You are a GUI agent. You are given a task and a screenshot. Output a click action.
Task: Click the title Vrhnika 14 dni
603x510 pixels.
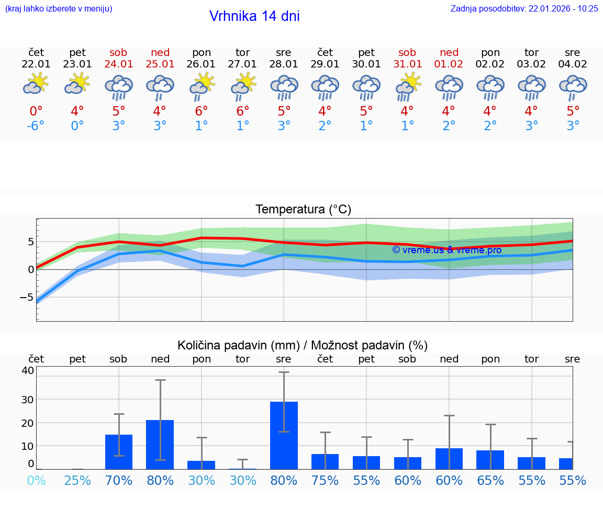[254, 16]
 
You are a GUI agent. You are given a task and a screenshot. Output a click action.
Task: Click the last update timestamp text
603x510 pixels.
[524, 8]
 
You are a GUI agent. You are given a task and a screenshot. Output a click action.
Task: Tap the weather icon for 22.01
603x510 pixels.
[36, 84]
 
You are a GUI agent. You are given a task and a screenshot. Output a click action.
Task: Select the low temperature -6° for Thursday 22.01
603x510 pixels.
[36, 126]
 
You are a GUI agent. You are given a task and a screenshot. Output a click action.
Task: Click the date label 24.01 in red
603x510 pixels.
[119, 64]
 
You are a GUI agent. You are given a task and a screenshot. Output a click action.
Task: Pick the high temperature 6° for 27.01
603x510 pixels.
[242, 111]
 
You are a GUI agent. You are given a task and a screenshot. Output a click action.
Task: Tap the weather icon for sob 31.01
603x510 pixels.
[407, 86]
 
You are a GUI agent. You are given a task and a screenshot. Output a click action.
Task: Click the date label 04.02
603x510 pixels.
[573, 64]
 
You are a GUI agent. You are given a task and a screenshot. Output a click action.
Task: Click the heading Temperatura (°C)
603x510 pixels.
[303, 210]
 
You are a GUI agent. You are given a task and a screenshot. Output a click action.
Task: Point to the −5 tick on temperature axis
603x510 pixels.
[27, 297]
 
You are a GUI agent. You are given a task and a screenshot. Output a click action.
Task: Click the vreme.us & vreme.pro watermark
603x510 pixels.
[446, 250]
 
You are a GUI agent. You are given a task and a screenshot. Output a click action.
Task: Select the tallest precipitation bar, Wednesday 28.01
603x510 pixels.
[284, 435]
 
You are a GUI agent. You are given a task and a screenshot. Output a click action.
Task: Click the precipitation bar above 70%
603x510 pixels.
[119, 451]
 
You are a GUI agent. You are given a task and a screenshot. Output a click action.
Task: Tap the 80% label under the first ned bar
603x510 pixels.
[160, 480]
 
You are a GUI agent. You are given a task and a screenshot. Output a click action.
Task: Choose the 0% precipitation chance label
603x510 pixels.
[36, 480]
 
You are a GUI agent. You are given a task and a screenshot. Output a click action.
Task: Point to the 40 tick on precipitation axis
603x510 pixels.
[27, 370]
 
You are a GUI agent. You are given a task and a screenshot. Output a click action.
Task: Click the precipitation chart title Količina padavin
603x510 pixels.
[303, 345]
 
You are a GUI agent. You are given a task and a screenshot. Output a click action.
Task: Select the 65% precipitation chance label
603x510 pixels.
[490, 480]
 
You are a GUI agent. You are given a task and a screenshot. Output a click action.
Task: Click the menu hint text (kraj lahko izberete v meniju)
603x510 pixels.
[59, 8]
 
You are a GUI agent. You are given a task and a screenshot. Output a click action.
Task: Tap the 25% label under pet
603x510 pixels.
[77, 480]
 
